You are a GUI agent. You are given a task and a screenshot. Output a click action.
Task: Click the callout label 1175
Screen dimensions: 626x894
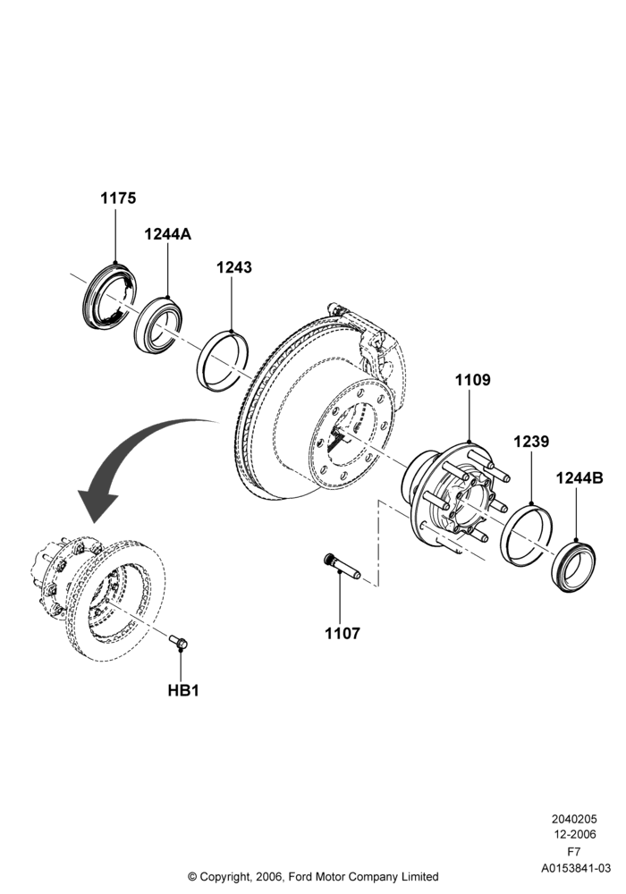pos(119,198)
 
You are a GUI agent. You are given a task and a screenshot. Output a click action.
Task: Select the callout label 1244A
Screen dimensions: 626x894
pos(167,233)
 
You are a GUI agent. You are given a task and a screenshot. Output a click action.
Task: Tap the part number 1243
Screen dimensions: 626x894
pos(233,266)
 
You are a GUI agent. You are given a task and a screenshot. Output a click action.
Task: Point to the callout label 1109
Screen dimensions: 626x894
pos(472,380)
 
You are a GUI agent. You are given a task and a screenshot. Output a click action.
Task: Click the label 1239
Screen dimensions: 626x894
pos(531,442)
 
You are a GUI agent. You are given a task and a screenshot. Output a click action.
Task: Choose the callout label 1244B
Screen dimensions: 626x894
pos(579,477)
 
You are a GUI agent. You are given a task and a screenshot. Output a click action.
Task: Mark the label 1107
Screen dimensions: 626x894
pos(343,633)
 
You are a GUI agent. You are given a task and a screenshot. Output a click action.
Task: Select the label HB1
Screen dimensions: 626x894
pos(183,690)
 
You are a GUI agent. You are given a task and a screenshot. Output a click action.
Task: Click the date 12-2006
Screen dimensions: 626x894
pos(574,835)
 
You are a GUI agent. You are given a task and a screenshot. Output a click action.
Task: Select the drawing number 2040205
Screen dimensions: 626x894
pos(574,819)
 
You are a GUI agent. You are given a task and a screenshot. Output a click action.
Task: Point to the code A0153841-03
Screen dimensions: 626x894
pos(576,868)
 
